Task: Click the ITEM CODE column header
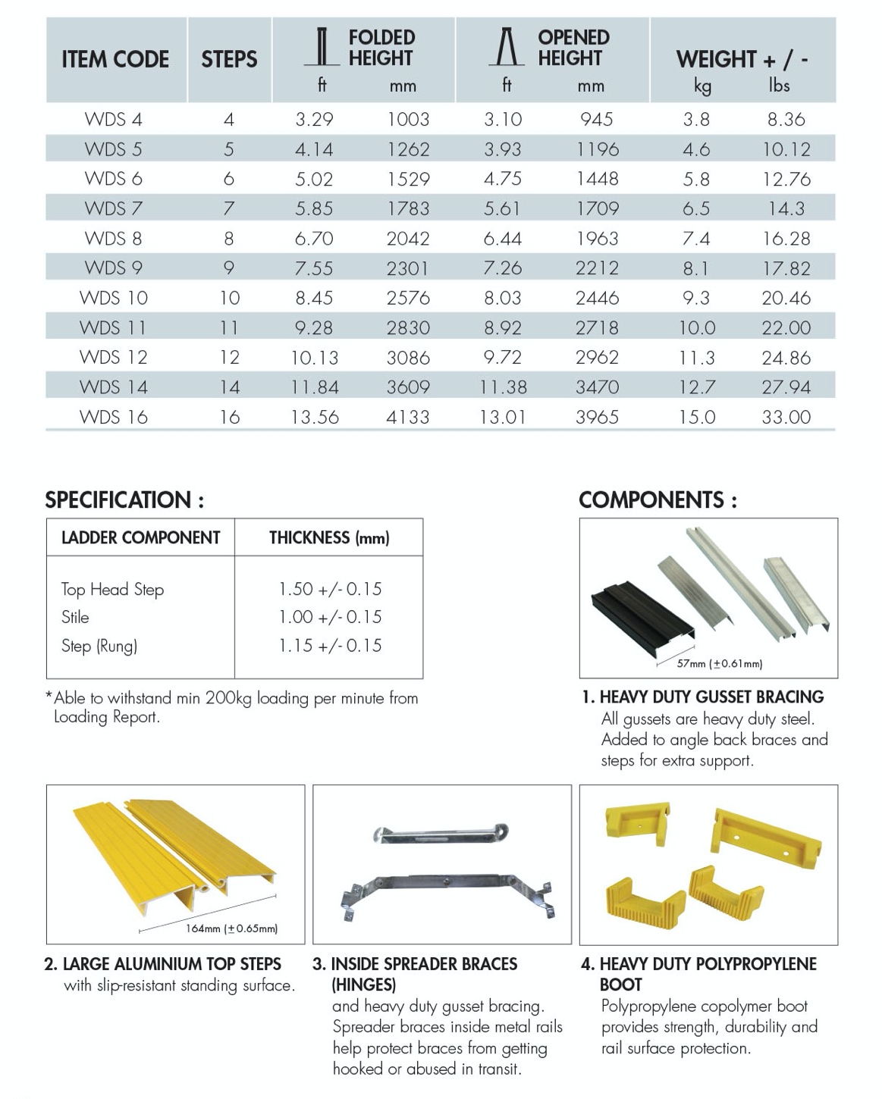click(x=115, y=59)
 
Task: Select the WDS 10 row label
click(x=114, y=298)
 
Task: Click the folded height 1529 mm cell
click(x=408, y=179)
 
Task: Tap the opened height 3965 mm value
click(x=597, y=417)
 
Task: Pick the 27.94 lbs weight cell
click(x=786, y=387)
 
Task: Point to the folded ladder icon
click(x=322, y=47)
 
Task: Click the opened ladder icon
click(x=507, y=47)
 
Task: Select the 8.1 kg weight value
click(x=695, y=268)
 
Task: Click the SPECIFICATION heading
click(x=124, y=500)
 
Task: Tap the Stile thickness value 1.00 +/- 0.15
click(x=330, y=617)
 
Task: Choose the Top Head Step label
click(x=112, y=589)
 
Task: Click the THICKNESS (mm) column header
click(x=329, y=538)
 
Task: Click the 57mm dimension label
click(x=719, y=664)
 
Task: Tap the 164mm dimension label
click(x=231, y=928)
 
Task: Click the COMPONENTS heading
click(x=658, y=500)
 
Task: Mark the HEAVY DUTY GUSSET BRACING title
click(x=711, y=697)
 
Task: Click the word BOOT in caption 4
click(x=620, y=985)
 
